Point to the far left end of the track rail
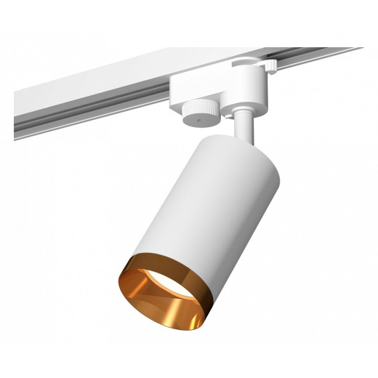[16, 116]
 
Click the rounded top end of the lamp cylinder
[233, 142]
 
